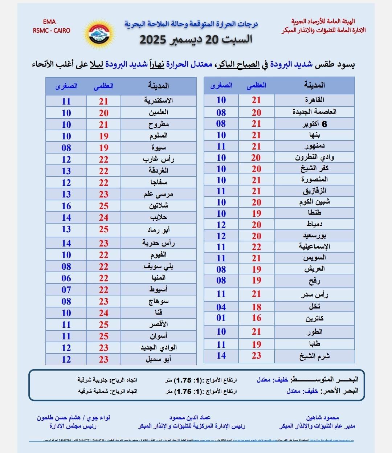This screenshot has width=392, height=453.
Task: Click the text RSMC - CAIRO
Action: [52, 30]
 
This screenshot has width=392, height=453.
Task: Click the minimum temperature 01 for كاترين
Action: [221, 318]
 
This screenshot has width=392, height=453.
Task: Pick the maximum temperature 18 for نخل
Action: [257, 307]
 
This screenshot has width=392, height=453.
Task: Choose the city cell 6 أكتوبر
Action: [315, 124]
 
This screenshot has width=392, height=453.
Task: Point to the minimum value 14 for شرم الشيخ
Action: [221, 356]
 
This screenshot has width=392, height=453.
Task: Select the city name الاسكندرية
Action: [158, 101]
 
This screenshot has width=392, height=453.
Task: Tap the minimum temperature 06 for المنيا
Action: [66, 278]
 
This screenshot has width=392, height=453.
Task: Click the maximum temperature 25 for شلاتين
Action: [104, 206]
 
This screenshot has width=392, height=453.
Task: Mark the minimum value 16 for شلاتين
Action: [66, 206]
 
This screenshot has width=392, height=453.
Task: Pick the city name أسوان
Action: [159, 336]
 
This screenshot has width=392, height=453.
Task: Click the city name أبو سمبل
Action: [159, 359]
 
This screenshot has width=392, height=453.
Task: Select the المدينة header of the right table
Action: [315, 85]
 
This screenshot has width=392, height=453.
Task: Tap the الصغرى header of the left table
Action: [66, 86]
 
